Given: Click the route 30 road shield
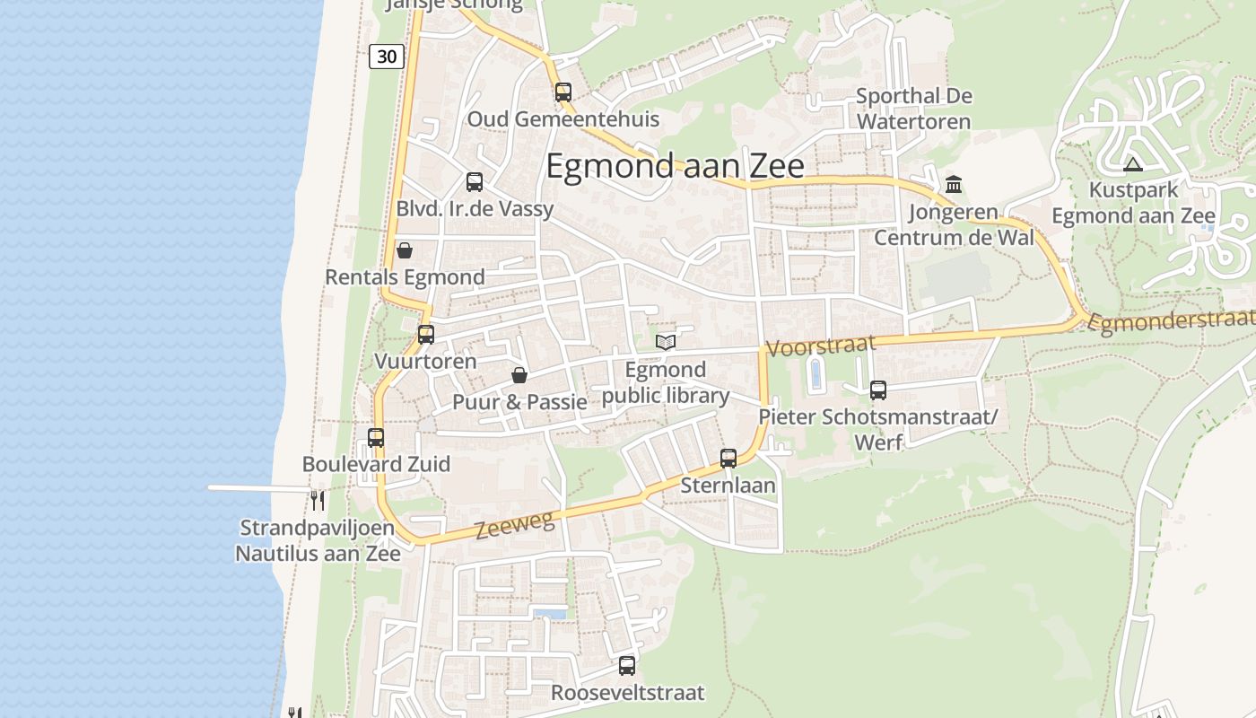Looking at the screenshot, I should [386, 57].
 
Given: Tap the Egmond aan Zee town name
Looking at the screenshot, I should [675, 167].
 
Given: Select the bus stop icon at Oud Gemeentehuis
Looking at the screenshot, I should [563, 92].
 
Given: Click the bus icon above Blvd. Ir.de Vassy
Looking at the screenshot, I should [475, 182].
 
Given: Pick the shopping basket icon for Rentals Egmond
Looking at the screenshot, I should [405, 250].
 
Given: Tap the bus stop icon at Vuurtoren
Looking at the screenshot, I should [426, 335].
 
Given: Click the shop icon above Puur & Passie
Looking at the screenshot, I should [519, 375].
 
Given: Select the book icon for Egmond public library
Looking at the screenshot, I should [665, 342].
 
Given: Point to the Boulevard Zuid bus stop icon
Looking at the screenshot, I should [376, 438].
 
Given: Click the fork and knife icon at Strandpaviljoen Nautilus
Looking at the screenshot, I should [317, 499].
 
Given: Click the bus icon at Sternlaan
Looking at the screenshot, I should [728, 459].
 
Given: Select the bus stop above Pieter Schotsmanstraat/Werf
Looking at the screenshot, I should [877, 390].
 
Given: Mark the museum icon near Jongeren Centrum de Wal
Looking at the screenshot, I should [954, 185].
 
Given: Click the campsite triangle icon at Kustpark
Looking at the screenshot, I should [1132, 164].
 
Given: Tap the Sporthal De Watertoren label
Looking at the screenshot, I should [913, 109].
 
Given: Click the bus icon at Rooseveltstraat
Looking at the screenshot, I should [627, 666].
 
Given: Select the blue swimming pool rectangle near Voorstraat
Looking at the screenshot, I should [815, 374].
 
